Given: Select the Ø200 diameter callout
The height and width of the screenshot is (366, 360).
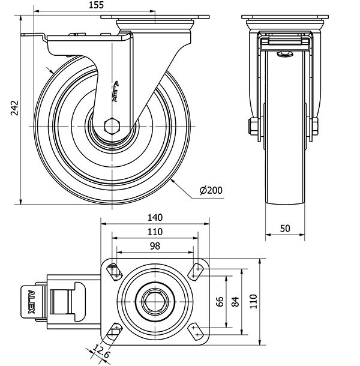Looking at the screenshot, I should [211, 190].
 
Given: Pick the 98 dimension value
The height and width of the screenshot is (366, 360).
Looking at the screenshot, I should [155, 247].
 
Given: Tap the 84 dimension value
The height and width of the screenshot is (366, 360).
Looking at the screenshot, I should [235, 300].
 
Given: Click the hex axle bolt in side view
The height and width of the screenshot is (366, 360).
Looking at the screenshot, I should [112, 126].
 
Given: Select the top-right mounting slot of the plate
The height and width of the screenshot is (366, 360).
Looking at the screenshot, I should [197, 271].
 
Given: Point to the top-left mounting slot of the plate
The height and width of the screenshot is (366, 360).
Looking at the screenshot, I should [113, 271].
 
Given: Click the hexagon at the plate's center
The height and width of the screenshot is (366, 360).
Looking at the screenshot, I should [155, 300].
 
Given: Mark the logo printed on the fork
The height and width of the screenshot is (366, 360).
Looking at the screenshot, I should [116, 90].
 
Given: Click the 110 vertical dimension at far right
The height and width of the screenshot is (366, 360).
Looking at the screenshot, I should [253, 301].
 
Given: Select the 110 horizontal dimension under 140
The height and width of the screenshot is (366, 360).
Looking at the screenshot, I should [155, 232].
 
